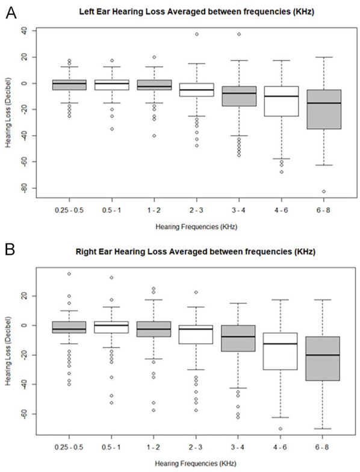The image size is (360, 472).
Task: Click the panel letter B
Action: point(10,249)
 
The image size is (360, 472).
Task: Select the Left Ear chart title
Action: point(196,12)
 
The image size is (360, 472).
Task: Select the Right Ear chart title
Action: point(195,251)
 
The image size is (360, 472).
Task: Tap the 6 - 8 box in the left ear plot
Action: point(324,110)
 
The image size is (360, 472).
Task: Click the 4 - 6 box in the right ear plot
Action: point(281,351)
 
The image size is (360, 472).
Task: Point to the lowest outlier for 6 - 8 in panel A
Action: point(324,191)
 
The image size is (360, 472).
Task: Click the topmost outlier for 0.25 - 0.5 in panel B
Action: point(69,273)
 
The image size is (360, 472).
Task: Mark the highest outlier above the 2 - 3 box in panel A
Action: point(197,34)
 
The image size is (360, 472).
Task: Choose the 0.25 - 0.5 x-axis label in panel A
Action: point(69,210)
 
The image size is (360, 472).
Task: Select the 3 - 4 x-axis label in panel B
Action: point(238,447)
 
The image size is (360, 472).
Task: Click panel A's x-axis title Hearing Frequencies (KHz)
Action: point(196,226)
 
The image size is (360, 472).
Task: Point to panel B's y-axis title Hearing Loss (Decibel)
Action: point(8,350)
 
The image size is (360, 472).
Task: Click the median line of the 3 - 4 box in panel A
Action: point(239,93)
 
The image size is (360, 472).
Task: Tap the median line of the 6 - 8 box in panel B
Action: point(323,355)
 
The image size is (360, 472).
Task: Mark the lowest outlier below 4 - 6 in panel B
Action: point(281,429)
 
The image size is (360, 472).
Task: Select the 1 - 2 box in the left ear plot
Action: point(154,85)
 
